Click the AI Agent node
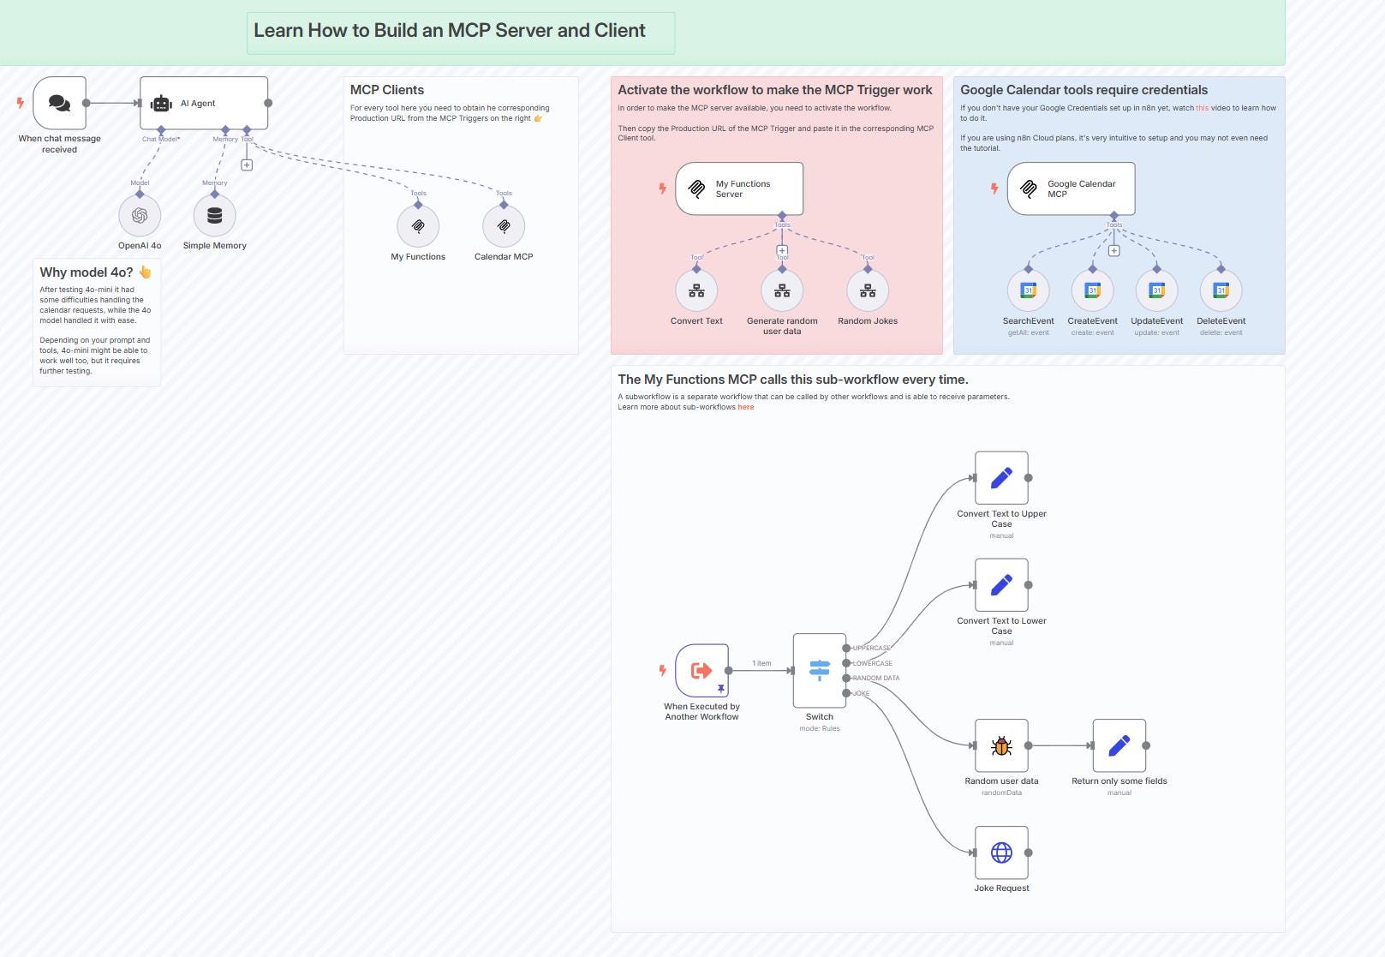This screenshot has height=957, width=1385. [x=204, y=103]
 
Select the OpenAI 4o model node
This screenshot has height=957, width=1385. [x=140, y=216]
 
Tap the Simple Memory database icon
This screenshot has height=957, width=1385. [x=215, y=216]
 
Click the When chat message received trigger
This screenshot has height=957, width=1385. [x=60, y=103]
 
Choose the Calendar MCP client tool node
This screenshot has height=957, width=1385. [x=504, y=227]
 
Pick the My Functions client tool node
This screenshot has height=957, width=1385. [x=418, y=227]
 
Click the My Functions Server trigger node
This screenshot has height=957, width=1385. [x=739, y=188]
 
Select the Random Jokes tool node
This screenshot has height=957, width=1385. [x=868, y=291]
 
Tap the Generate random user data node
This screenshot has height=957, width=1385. [x=782, y=291]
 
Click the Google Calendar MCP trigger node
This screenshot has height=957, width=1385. [x=1072, y=188]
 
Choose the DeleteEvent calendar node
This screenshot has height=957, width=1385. [x=1221, y=291]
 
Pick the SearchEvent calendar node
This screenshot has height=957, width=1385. [x=1029, y=291]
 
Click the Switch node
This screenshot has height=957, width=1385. [x=820, y=671]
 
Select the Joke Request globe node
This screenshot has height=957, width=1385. [x=1001, y=852]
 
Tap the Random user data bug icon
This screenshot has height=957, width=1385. [x=1001, y=745]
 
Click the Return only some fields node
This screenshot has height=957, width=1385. [x=1119, y=745]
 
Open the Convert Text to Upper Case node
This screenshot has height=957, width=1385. [x=1001, y=478]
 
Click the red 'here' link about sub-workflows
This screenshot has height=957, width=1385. [x=746, y=407]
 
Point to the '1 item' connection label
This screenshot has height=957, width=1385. [x=761, y=663]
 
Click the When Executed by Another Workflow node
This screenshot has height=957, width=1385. [x=701, y=671]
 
